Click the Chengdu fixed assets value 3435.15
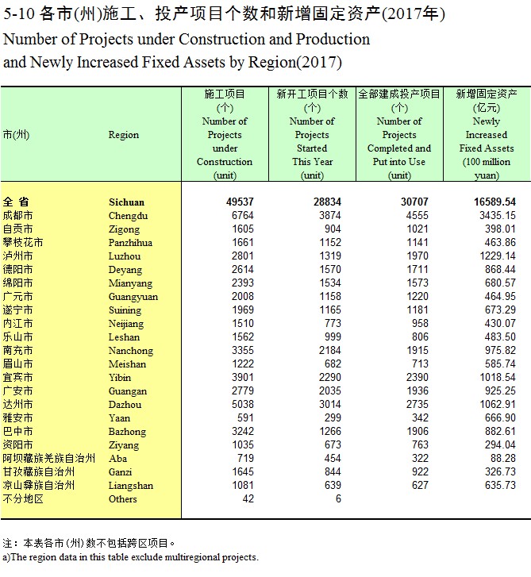coord(497,215)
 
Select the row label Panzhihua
coord(130,243)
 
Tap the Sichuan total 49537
coord(240,202)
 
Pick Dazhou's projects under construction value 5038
coord(243,405)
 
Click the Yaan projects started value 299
coord(333,417)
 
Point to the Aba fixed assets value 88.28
coord(502,458)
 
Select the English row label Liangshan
coord(131,486)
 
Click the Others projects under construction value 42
coord(248,498)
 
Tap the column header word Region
coord(124,135)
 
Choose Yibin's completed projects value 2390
coord(417,377)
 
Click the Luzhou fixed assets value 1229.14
coord(497,256)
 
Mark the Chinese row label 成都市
coord(17,215)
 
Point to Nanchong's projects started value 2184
coord(329,350)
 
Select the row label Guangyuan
coord(133,297)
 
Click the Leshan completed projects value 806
coord(420,337)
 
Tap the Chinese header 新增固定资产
coord(487,94)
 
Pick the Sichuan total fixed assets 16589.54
coord(494,202)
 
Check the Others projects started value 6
coord(338,498)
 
